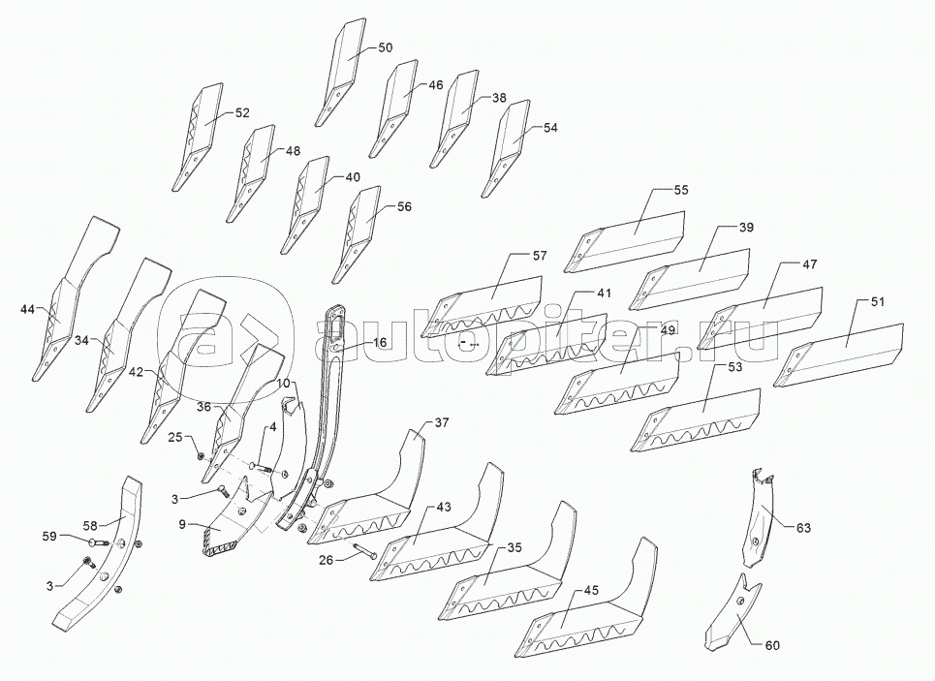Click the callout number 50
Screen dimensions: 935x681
386,47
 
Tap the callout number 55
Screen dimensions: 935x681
681,190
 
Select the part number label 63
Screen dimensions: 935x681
803,528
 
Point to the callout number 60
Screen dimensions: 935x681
772,645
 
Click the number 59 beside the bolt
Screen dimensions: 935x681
49,536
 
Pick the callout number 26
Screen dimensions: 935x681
327,560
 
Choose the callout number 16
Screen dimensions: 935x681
380,342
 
